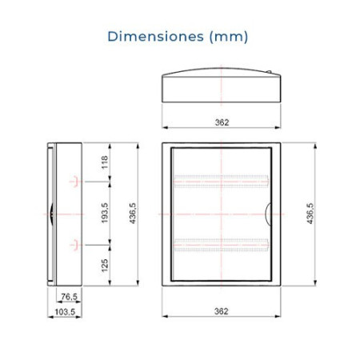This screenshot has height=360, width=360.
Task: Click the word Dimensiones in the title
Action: [x=156, y=36]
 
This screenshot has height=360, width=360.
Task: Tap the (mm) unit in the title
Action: [x=229, y=37]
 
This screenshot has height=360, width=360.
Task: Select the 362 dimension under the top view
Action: [x=222, y=122]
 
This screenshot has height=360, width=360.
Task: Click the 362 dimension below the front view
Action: [x=222, y=311]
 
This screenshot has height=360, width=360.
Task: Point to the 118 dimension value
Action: [x=105, y=162]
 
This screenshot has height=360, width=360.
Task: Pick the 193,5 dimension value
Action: [x=105, y=213]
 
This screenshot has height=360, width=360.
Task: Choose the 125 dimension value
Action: [x=105, y=266]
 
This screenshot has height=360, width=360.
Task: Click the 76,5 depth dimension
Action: [x=69, y=296]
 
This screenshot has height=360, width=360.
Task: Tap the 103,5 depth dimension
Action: [x=65, y=311]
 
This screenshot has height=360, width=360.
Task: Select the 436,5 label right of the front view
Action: [x=310, y=214]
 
